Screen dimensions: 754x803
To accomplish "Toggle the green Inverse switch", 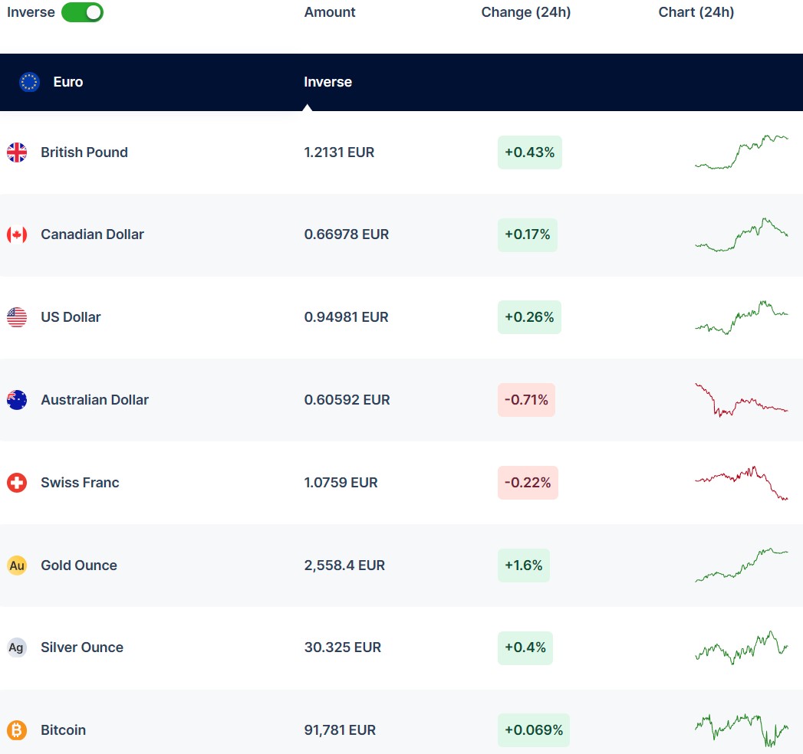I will pyautogui.click(x=82, y=12).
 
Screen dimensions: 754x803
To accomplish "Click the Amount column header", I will pyautogui.click(x=330, y=12).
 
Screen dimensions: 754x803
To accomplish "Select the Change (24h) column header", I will pyautogui.click(x=526, y=12).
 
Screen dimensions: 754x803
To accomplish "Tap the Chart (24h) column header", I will pyautogui.click(x=696, y=12).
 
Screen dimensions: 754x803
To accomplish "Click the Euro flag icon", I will pyautogui.click(x=29, y=82).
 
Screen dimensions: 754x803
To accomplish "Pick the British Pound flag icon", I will pyautogui.click(x=17, y=152).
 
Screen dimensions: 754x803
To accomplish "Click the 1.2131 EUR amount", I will pyautogui.click(x=339, y=152).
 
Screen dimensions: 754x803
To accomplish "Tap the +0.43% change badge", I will pyautogui.click(x=529, y=152).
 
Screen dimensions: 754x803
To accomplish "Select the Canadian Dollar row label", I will pyautogui.click(x=92, y=234).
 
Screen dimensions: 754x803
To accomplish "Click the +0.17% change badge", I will pyautogui.click(x=527, y=234).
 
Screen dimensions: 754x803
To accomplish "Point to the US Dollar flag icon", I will pyautogui.click(x=17, y=317).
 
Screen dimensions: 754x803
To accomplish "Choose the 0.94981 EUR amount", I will pyautogui.click(x=346, y=317).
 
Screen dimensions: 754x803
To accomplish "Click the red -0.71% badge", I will pyautogui.click(x=526, y=400).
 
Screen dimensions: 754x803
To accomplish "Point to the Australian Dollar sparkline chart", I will pyautogui.click(x=741, y=400).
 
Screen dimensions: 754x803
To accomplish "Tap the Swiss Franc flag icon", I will pyautogui.click(x=17, y=483).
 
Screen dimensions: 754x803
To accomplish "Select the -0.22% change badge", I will pyautogui.click(x=528, y=483).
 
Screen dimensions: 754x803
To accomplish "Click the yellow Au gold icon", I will pyautogui.click(x=17, y=565).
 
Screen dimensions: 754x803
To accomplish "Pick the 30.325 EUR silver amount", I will pyautogui.click(x=342, y=647).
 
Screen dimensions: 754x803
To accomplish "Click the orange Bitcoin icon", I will pyautogui.click(x=17, y=730).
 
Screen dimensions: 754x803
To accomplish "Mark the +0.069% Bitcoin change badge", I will pyautogui.click(x=534, y=730).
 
